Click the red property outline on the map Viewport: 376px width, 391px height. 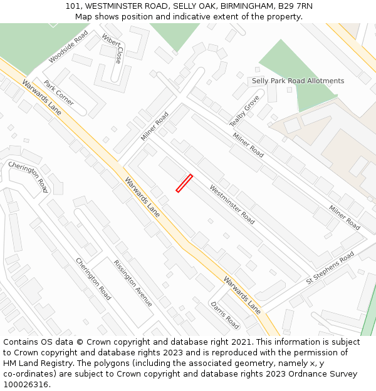[x=184, y=183]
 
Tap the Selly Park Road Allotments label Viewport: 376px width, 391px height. [x=298, y=81]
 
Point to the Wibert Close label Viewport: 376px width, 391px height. [x=112, y=48]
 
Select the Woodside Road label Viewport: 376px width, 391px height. [x=68, y=46]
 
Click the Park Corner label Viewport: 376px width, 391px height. [x=58, y=93]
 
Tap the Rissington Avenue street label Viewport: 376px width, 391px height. [x=133, y=283]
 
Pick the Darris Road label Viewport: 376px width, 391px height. [x=225, y=315]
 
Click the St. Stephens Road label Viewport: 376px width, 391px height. [x=330, y=268]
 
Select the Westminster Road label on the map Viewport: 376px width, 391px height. [x=232, y=204]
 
